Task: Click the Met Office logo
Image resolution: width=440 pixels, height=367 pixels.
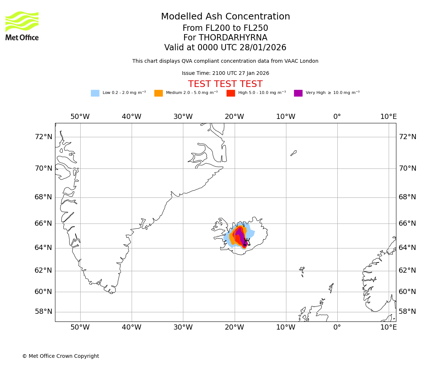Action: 22,26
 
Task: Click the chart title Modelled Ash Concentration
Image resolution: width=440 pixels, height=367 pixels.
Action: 225,17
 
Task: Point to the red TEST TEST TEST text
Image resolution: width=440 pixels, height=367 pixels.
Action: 225,84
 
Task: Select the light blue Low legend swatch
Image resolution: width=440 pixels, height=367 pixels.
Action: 95,93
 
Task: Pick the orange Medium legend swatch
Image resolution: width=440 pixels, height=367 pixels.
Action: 158,93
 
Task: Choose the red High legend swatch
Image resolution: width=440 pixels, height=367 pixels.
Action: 231,93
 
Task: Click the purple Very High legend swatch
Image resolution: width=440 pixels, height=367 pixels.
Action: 298,93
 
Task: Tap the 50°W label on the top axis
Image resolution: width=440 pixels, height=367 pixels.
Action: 80,117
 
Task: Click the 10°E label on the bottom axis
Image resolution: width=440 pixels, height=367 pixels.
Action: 388,327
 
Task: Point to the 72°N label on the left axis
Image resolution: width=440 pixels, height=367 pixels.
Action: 43,137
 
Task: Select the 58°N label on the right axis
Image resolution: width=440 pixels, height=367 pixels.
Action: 407,312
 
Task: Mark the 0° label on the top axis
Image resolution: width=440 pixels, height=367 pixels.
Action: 337,117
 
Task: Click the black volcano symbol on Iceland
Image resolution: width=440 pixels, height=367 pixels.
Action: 247,242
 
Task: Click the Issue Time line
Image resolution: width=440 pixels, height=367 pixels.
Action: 225,73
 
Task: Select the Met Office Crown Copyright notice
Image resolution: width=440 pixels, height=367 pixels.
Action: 60,356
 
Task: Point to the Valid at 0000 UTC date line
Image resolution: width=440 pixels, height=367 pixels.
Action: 225,48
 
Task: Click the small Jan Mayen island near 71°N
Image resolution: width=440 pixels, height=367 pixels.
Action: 293,153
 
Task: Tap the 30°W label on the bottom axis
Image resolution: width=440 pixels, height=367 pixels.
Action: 183,327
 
